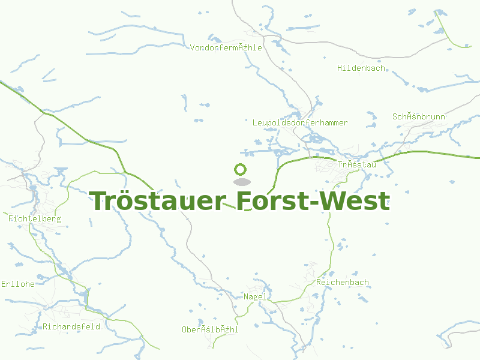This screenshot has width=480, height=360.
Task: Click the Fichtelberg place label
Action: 35,219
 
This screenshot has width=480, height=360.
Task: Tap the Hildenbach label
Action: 361,68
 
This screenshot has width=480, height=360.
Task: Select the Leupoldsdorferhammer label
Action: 300,123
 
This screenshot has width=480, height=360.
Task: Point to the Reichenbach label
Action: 342,282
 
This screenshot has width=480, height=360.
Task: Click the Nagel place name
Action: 255,297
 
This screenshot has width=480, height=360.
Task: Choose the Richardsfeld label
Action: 71,327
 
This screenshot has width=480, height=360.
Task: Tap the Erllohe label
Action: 18,284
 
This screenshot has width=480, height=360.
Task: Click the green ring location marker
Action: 241,170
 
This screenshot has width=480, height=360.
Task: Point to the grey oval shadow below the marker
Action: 241,182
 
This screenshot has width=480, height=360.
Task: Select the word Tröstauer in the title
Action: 158,202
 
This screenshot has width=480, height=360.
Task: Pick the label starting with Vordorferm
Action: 226,47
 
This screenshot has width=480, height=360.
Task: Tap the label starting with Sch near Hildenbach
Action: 419,116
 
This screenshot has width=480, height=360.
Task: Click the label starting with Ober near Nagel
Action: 210,329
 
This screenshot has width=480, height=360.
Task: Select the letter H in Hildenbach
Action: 340,68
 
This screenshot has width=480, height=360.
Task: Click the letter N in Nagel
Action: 246,297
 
